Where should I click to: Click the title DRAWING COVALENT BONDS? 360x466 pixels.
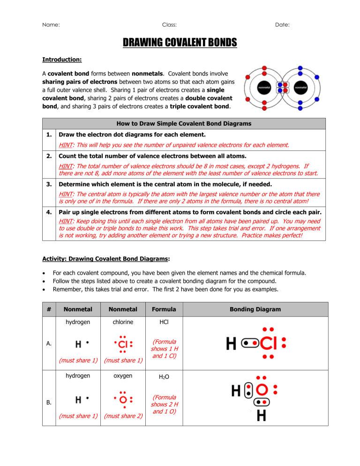[180, 43]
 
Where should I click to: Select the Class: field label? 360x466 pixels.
[169, 24]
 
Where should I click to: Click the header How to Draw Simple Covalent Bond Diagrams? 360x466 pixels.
[184, 124]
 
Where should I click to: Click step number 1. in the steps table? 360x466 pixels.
[48, 136]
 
